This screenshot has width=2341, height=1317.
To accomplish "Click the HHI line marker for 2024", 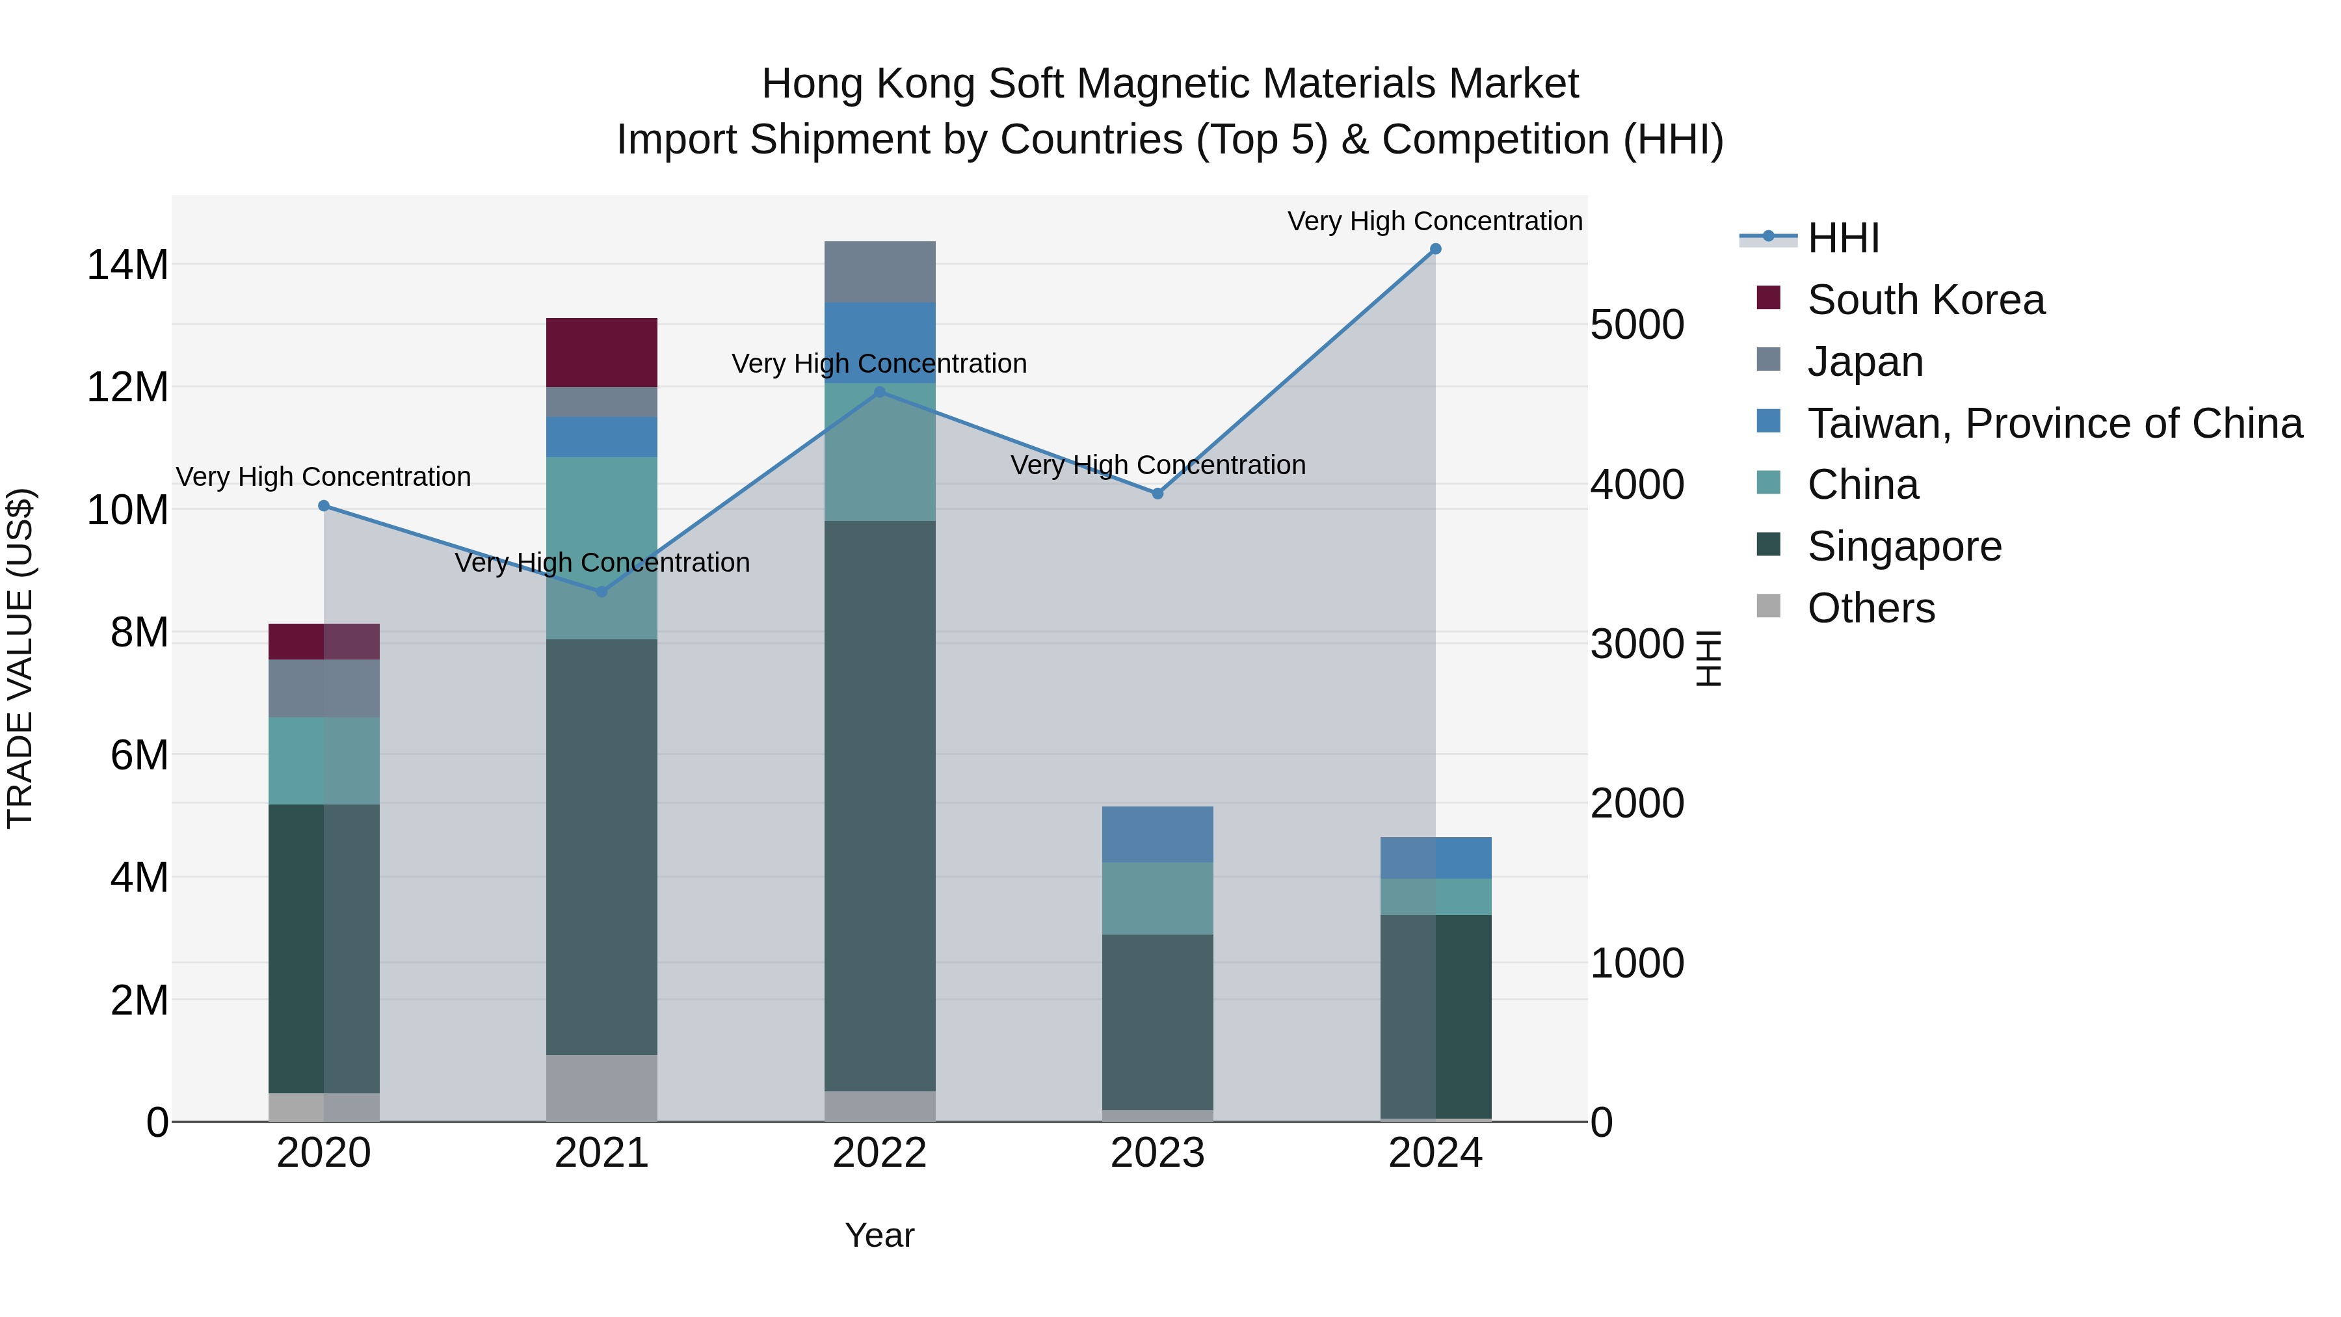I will point(1435,248).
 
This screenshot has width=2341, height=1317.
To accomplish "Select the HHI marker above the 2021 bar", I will point(602,592).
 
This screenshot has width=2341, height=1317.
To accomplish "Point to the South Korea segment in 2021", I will point(602,352).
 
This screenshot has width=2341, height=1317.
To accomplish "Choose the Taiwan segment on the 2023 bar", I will point(1157,834).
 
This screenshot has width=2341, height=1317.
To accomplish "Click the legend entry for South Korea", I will point(1925,300).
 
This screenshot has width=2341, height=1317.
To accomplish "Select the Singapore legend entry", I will point(1904,546).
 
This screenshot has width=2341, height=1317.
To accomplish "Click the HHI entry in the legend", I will point(1842,238).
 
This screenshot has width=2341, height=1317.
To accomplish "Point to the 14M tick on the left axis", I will point(127,265).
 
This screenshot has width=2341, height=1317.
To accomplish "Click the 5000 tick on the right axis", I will point(1637,325).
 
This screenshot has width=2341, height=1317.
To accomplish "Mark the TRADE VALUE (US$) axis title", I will point(20,658).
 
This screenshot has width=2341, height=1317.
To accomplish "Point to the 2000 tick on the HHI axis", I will point(1637,803).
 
